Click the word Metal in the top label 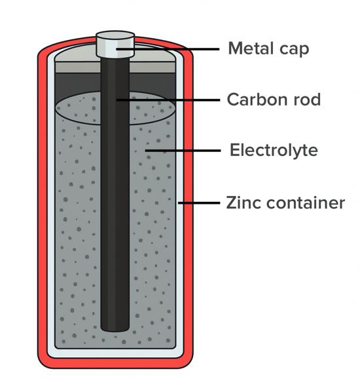(x=251, y=48)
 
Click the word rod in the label (x=307, y=100)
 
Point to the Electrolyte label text (x=274, y=150)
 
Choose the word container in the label (x=306, y=203)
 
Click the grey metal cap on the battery (x=115, y=45)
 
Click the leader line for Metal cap (x=168, y=49)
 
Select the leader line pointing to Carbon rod (x=168, y=100)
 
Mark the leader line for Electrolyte (x=183, y=151)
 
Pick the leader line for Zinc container (x=199, y=203)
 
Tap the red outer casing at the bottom (x=115, y=363)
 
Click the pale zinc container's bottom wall (x=115, y=353)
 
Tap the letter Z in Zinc (x=232, y=203)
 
